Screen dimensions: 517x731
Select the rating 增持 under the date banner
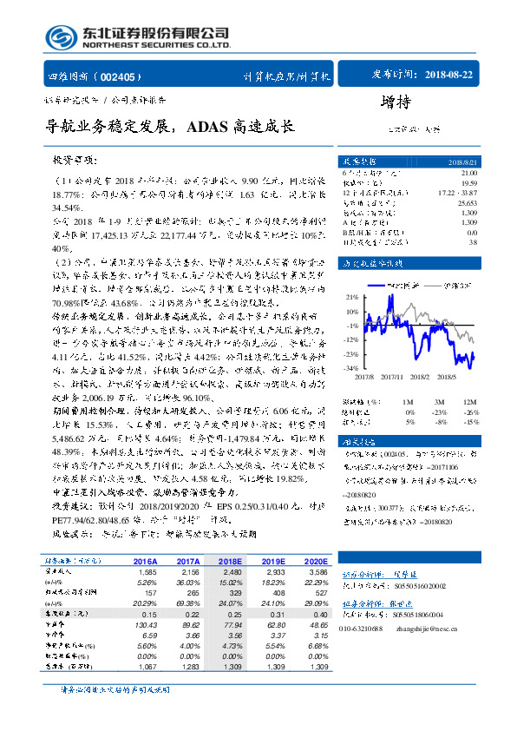click(396, 103)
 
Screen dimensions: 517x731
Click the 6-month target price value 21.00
click(468, 173)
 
